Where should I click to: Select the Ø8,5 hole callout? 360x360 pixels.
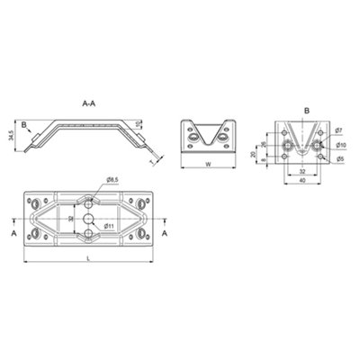112,181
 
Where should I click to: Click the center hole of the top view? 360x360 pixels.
90,219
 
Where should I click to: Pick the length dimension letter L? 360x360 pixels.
90,259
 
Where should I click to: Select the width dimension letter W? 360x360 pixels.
209,165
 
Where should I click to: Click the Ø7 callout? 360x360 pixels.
339,131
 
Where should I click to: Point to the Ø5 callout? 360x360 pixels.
339,158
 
